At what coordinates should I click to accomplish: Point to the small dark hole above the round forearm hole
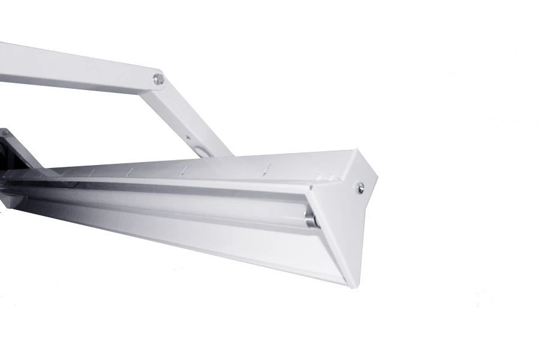coord(190,137)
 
